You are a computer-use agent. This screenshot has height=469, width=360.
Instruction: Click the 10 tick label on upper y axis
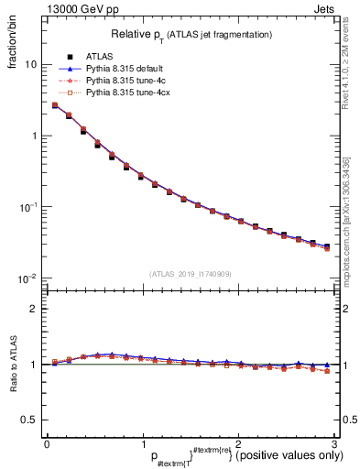[31, 65]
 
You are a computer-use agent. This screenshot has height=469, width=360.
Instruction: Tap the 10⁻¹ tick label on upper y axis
[29, 207]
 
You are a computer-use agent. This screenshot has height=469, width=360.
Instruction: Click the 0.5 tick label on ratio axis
[31, 420]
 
